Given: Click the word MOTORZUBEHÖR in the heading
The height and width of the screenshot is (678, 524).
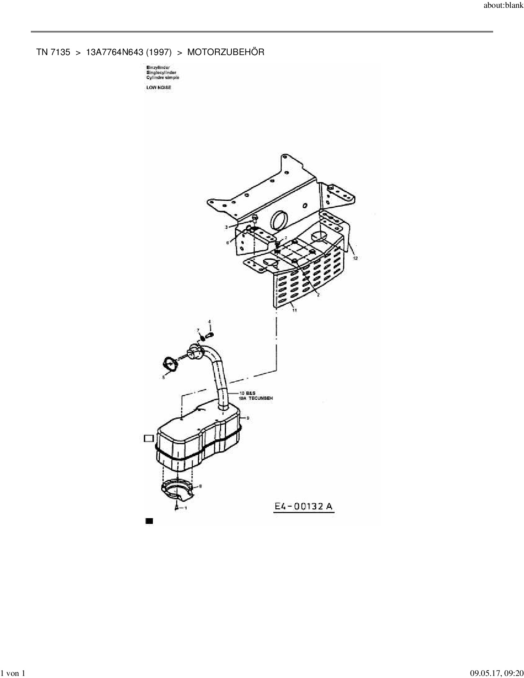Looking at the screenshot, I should pyautogui.click(x=226, y=52).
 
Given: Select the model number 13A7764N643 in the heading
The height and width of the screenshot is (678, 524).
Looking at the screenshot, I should pyautogui.click(x=115, y=52).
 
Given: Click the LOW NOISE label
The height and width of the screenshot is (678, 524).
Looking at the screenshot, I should pyautogui.click(x=159, y=88).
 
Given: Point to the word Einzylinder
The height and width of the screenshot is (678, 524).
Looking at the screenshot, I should pyautogui.click(x=158, y=67).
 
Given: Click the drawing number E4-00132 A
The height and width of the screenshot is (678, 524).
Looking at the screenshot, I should pyautogui.click(x=304, y=507).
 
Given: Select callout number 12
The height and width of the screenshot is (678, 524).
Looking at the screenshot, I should pyautogui.click(x=355, y=258).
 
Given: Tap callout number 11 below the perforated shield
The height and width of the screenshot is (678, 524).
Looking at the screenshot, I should pyautogui.click(x=295, y=311).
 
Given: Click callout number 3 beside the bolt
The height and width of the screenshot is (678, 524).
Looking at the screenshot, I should pyautogui.click(x=226, y=227).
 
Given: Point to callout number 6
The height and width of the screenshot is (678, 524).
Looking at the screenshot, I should pyautogui.click(x=227, y=243).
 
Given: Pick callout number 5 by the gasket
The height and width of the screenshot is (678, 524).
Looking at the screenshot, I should pyautogui.click(x=163, y=377).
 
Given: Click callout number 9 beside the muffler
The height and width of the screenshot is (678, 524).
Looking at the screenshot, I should pyautogui.click(x=248, y=418).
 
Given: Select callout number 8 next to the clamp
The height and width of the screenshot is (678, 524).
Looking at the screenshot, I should pyautogui.click(x=200, y=486).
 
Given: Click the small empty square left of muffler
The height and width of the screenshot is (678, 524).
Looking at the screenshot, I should pyautogui.click(x=148, y=438).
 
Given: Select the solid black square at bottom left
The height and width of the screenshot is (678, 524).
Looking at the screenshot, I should pyautogui.click(x=149, y=521).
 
